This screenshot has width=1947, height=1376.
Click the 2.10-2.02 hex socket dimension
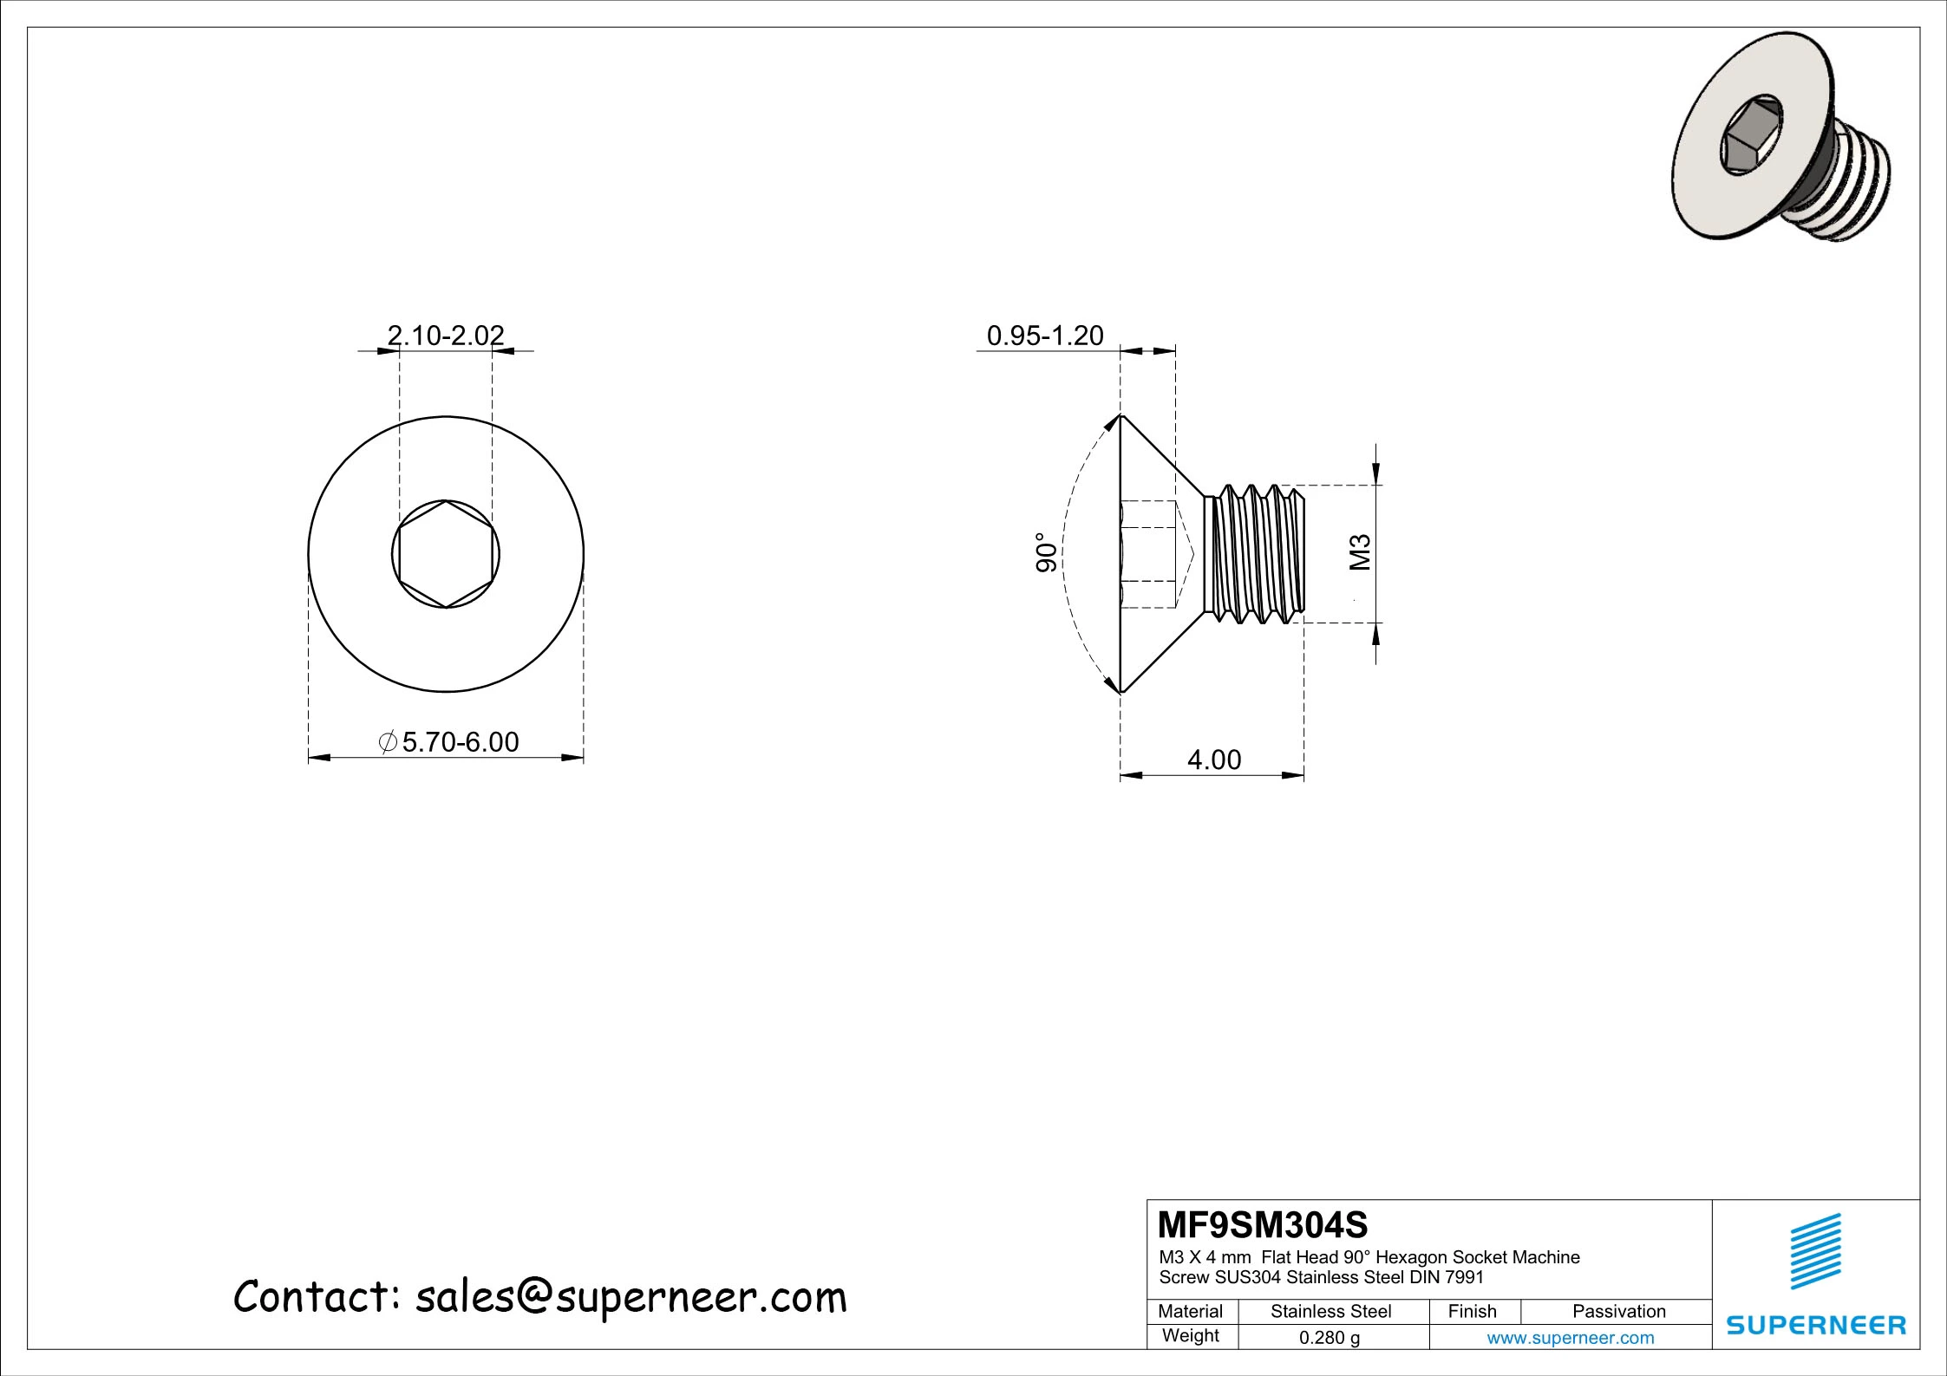click(445, 335)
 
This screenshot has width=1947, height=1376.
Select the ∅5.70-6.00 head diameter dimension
click(449, 742)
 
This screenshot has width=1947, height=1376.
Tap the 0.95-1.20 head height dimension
click(1045, 336)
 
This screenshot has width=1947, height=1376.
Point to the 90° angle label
click(1048, 552)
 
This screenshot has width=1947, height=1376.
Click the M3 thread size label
click(1361, 552)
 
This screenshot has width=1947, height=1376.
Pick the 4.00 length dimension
click(1213, 760)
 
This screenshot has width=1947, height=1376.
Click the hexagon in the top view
click(446, 554)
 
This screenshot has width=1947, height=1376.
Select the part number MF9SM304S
click(1263, 1226)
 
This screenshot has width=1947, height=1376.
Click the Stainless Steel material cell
click(1330, 1311)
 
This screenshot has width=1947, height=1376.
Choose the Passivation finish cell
click(1618, 1311)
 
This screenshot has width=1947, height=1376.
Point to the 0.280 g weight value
click(1329, 1338)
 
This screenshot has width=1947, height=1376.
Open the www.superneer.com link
click(1570, 1338)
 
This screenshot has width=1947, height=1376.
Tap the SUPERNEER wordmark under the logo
click(1816, 1325)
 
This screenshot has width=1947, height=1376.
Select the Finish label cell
click(1472, 1311)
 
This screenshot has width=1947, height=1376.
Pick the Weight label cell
click(1190, 1335)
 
